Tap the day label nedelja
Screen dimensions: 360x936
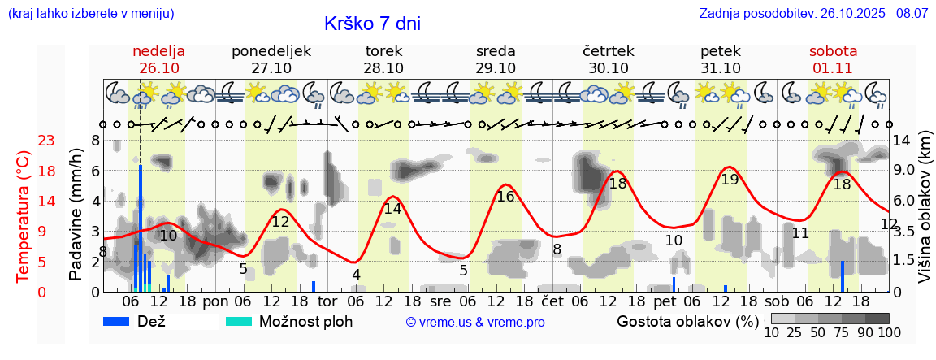coord(159,50)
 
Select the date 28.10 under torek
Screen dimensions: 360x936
coord(383,67)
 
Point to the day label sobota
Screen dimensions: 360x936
coord(833,50)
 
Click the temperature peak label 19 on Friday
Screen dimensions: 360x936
coord(730,180)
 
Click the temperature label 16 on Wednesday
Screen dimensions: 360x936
coord(505,196)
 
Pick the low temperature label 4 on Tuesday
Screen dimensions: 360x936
coord(356,274)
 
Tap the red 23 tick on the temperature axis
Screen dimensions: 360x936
coord(24,141)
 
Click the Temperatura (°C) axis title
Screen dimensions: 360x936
coord(24,215)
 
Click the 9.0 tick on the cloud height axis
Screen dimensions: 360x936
coord(905,171)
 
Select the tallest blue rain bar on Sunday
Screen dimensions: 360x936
coord(141,228)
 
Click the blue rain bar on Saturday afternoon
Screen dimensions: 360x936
coord(843,276)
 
